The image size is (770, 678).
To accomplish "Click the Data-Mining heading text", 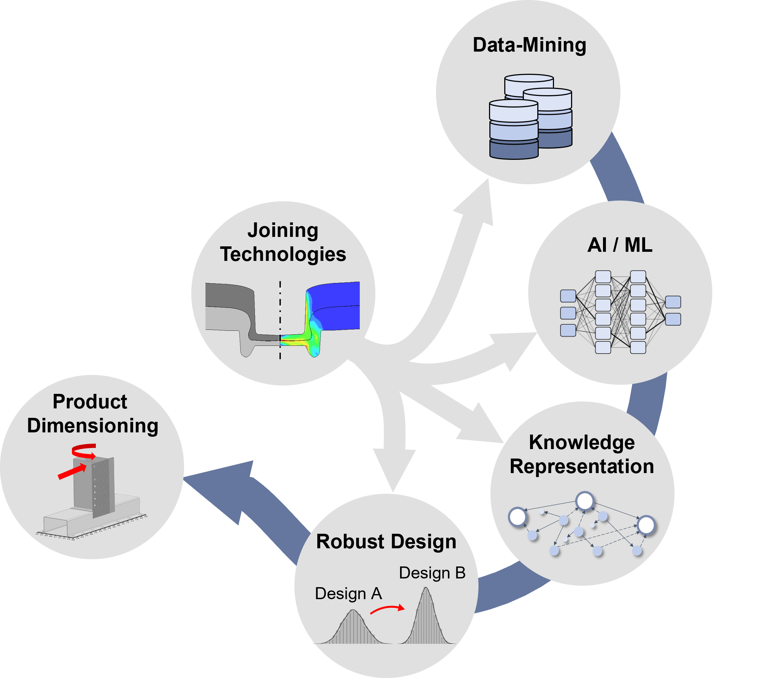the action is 529,45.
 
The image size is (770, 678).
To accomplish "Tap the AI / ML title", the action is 620,245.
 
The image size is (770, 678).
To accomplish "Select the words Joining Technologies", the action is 283,242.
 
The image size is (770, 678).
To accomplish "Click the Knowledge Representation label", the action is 582,455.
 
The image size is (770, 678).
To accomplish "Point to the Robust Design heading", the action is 386,541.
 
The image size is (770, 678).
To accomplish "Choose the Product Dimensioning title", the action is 92,413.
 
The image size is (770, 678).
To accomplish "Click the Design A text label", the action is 349,594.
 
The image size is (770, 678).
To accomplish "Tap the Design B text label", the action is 432,573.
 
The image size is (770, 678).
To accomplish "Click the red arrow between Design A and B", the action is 387,609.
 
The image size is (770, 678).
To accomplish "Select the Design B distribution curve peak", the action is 426,588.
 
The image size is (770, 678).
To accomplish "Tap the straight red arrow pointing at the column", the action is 72,472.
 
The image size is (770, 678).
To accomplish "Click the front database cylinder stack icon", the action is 513,129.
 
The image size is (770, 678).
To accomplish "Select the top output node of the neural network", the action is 673,302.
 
